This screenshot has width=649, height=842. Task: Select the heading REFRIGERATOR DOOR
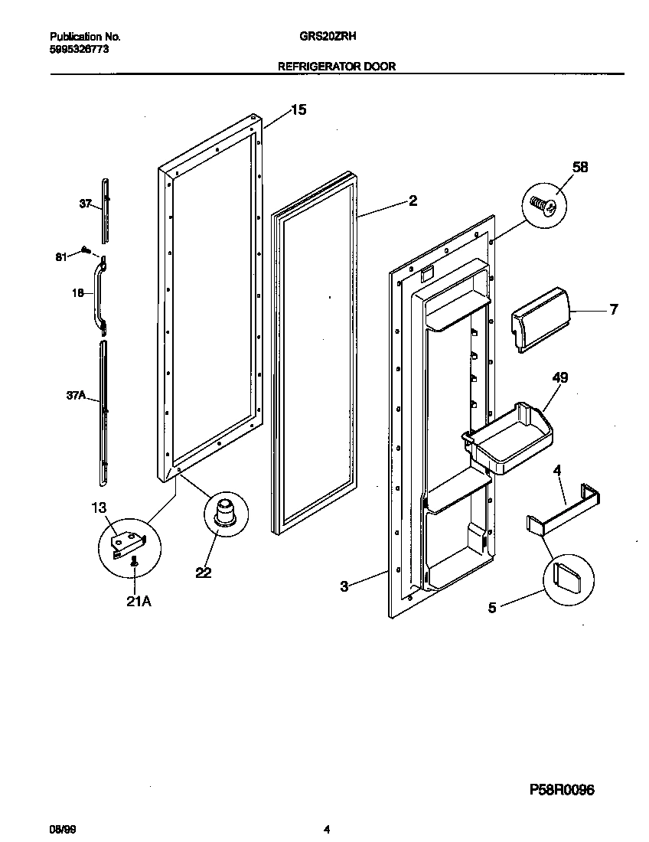(x=336, y=67)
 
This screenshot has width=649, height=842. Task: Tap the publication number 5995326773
(x=79, y=48)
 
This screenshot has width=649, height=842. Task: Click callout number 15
(x=297, y=110)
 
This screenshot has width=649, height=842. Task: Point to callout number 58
(x=580, y=168)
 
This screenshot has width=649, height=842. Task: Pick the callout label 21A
(x=139, y=602)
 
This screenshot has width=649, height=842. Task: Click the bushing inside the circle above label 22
(x=226, y=511)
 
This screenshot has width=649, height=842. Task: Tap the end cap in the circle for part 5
(x=569, y=573)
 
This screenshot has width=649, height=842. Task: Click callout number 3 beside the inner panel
(x=344, y=586)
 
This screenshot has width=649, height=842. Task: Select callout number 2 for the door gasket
(x=413, y=201)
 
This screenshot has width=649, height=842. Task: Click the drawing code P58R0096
(x=562, y=790)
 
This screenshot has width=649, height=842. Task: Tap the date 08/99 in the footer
(x=60, y=830)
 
